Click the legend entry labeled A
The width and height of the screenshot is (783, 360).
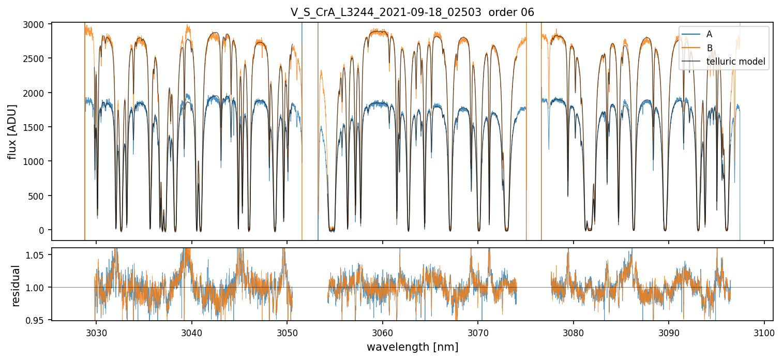[709, 34]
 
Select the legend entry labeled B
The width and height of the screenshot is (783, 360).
[709, 48]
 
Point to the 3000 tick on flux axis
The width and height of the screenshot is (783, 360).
[37, 24]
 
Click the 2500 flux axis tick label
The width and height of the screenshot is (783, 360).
[37, 58]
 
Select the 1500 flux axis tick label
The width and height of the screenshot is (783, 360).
[37, 127]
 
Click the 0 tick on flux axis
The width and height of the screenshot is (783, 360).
[43, 230]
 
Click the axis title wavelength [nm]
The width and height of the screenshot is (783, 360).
[412, 347]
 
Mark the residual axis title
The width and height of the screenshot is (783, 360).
[16, 286]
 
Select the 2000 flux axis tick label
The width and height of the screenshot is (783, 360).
[37, 93]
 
